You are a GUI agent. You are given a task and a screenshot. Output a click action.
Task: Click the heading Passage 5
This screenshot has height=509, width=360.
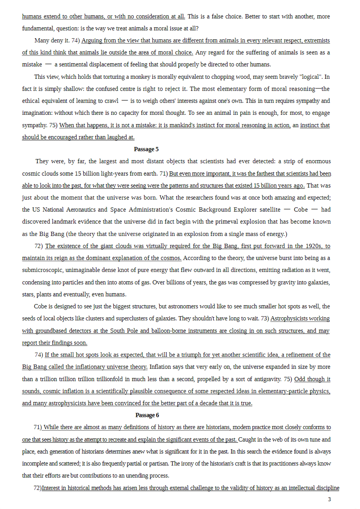146,149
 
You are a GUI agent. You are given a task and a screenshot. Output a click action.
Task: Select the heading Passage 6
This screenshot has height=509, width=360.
147,415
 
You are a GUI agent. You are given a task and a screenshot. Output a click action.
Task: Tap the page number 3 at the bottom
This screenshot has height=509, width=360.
329,499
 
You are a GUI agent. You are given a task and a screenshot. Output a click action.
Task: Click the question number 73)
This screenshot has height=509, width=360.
265,319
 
